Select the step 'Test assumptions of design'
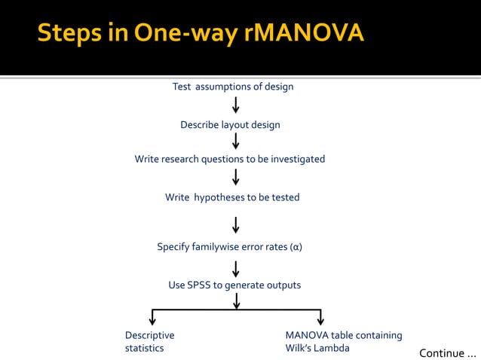point(233,87)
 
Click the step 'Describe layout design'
point(230,125)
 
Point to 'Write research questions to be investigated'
point(230,159)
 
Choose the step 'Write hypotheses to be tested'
point(232,197)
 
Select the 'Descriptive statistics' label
point(149,342)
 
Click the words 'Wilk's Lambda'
point(317,348)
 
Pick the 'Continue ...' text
point(448,352)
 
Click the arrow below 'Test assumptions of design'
point(236,104)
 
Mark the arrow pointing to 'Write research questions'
point(236,141)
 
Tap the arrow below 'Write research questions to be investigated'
point(236,177)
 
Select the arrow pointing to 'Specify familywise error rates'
point(236,225)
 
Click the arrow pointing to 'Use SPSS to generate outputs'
point(236,269)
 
